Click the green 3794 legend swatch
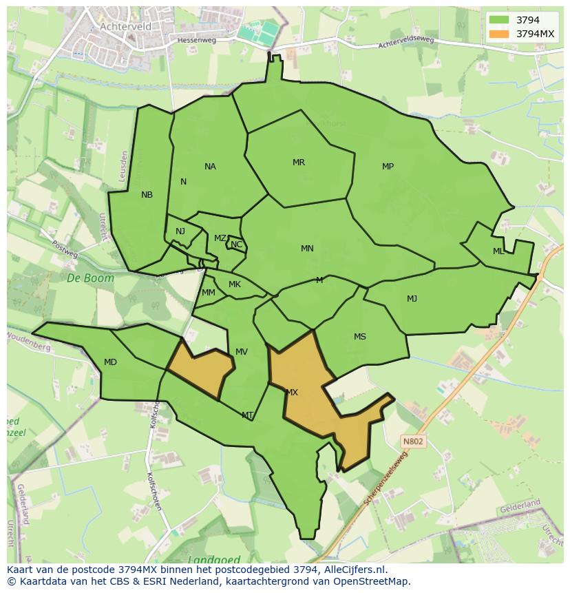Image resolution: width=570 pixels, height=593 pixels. (499, 20)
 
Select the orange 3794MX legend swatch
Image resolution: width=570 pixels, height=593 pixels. (499, 33)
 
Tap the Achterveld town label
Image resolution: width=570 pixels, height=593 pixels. (125, 26)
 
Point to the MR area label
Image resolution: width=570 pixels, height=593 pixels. (298, 163)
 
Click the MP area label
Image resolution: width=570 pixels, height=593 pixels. (388, 167)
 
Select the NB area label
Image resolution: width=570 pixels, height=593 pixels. (147, 195)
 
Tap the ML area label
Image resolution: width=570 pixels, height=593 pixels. (498, 251)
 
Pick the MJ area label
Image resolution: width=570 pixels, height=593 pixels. (412, 298)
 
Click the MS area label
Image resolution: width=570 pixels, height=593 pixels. (360, 337)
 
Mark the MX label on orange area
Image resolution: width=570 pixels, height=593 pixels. (292, 393)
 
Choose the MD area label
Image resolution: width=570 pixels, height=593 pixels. (110, 362)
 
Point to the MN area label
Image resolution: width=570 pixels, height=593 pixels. (307, 249)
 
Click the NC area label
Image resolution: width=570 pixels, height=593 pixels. (236, 245)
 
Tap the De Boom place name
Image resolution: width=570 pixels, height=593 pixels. (81, 278)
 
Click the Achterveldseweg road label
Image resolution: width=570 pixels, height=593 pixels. (406, 43)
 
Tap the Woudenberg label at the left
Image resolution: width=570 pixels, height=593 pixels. (29, 342)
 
